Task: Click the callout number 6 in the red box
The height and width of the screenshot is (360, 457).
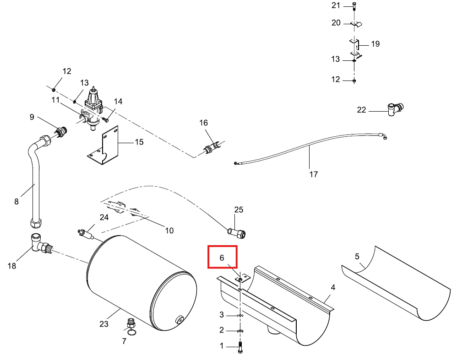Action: (x=222, y=258)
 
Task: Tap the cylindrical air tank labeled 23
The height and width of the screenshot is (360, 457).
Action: (x=141, y=283)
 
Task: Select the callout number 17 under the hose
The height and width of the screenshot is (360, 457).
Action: (x=314, y=174)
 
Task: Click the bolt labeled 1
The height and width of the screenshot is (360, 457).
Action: (x=240, y=347)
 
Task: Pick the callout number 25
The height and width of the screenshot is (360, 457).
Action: (x=239, y=210)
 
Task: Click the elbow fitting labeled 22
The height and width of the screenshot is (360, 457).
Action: (x=396, y=109)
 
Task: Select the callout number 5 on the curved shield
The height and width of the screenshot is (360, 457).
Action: (x=357, y=256)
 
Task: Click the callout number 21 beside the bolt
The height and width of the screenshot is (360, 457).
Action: (x=336, y=5)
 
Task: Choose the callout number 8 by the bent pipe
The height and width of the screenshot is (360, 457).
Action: (x=16, y=201)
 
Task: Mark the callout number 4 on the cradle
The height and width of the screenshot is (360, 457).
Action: (x=333, y=287)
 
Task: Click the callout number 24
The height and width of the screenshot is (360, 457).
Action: (x=104, y=217)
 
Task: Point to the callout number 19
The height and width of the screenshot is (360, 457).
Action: (x=375, y=44)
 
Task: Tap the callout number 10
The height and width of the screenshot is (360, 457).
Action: (x=169, y=231)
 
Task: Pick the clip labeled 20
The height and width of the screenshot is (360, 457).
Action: (x=356, y=24)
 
